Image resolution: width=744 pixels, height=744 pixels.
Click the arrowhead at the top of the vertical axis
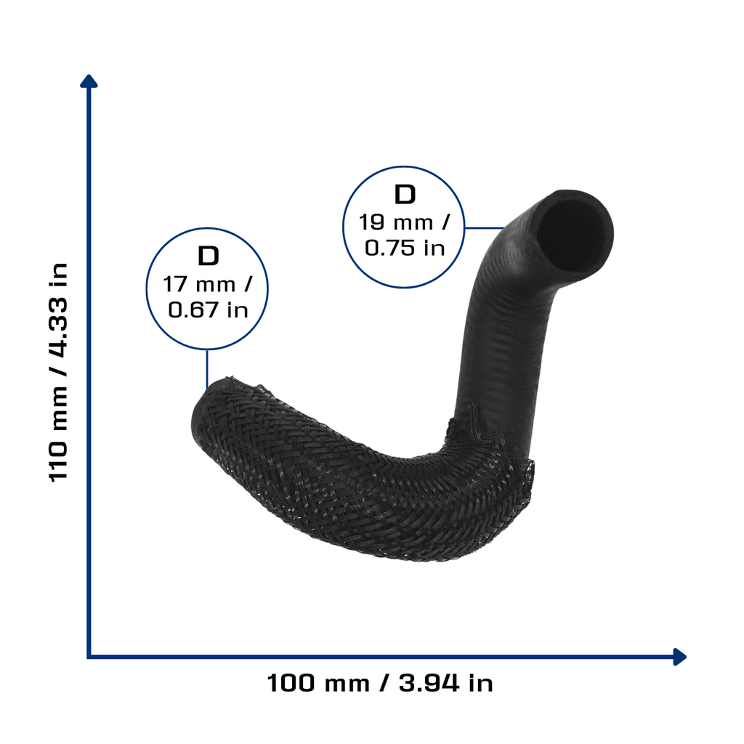(89, 81)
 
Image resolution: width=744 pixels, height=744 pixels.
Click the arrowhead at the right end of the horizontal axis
(680, 657)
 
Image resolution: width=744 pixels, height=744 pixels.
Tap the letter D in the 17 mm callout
(208, 256)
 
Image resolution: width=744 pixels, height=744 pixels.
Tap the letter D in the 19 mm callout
(405, 195)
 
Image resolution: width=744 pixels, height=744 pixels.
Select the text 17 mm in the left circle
(199, 284)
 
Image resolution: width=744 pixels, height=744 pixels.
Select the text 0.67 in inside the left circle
(208, 310)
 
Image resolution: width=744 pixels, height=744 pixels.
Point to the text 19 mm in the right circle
(396, 222)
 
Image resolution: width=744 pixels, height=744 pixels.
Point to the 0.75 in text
(405, 248)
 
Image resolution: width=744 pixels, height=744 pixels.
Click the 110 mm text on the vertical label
(59, 434)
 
